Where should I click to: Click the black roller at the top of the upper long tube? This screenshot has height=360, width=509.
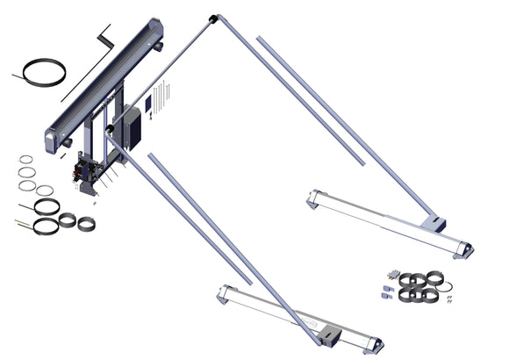212,18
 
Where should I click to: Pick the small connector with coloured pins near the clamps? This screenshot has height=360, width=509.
390,274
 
